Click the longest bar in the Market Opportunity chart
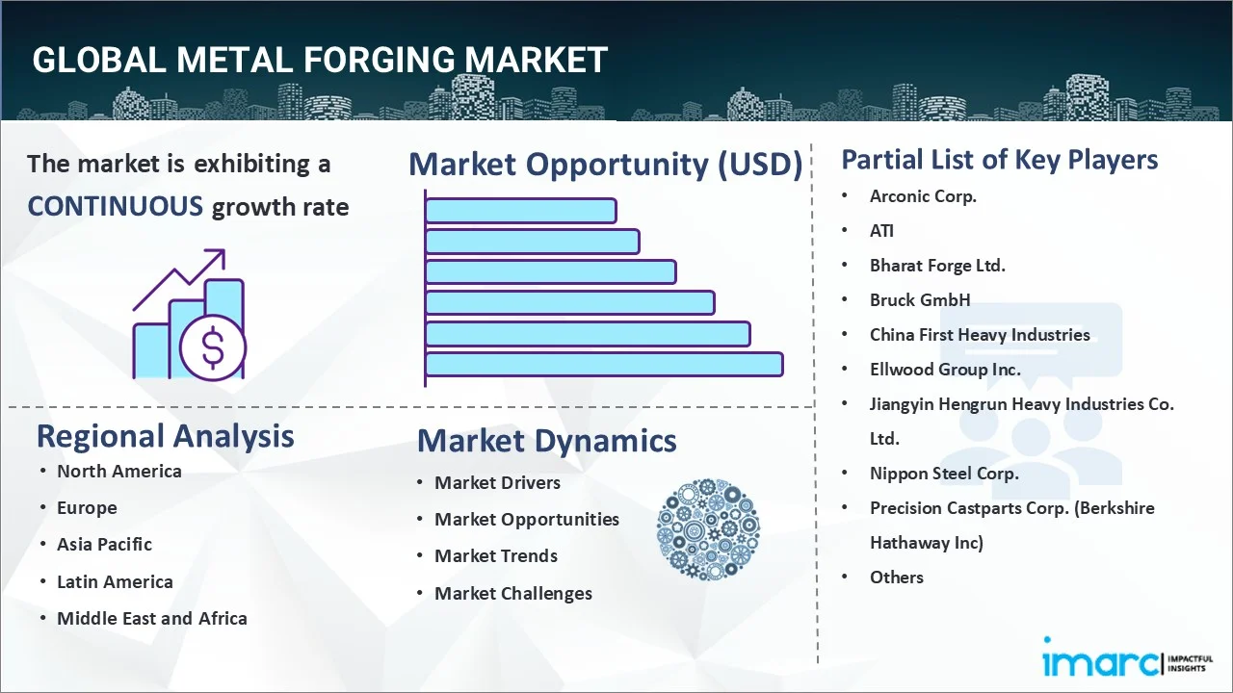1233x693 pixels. (x=604, y=365)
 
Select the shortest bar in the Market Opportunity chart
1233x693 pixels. (x=520, y=210)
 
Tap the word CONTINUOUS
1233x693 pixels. (x=115, y=206)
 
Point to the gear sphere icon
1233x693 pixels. (x=708, y=529)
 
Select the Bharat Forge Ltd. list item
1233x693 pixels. (x=937, y=266)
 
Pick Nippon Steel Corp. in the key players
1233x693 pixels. (x=944, y=474)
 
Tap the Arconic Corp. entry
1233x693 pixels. (x=923, y=196)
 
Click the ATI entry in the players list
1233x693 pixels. (x=881, y=231)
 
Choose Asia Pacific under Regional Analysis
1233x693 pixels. (x=104, y=545)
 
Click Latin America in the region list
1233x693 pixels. (x=115, y=582)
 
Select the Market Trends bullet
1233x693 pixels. (x=495, y=556)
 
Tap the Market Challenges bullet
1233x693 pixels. (x=512, y=594)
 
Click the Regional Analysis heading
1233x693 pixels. (x=165, y=436)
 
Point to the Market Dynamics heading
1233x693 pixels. (x=546, y=441)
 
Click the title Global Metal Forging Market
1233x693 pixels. (x=320, y=61)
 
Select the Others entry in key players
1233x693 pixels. (x=896, y=577)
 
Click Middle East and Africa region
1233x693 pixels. (x=151, y=619)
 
